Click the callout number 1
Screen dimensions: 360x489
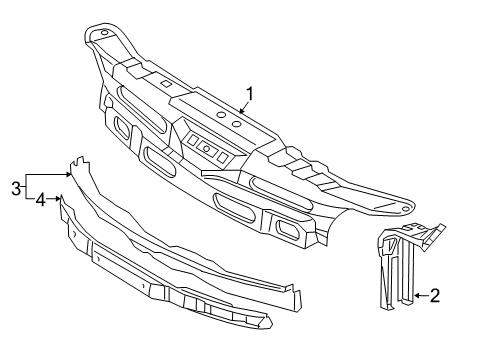click(x=249, y=95)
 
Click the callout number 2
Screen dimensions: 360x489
click(x=463, y=295)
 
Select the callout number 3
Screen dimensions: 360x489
click(x=16, y=186)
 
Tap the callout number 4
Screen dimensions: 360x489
click(x=40, y=200)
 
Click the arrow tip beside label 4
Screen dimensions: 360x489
click(x=60, y=199)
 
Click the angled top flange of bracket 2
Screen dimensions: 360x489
click(x=420, y=235)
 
